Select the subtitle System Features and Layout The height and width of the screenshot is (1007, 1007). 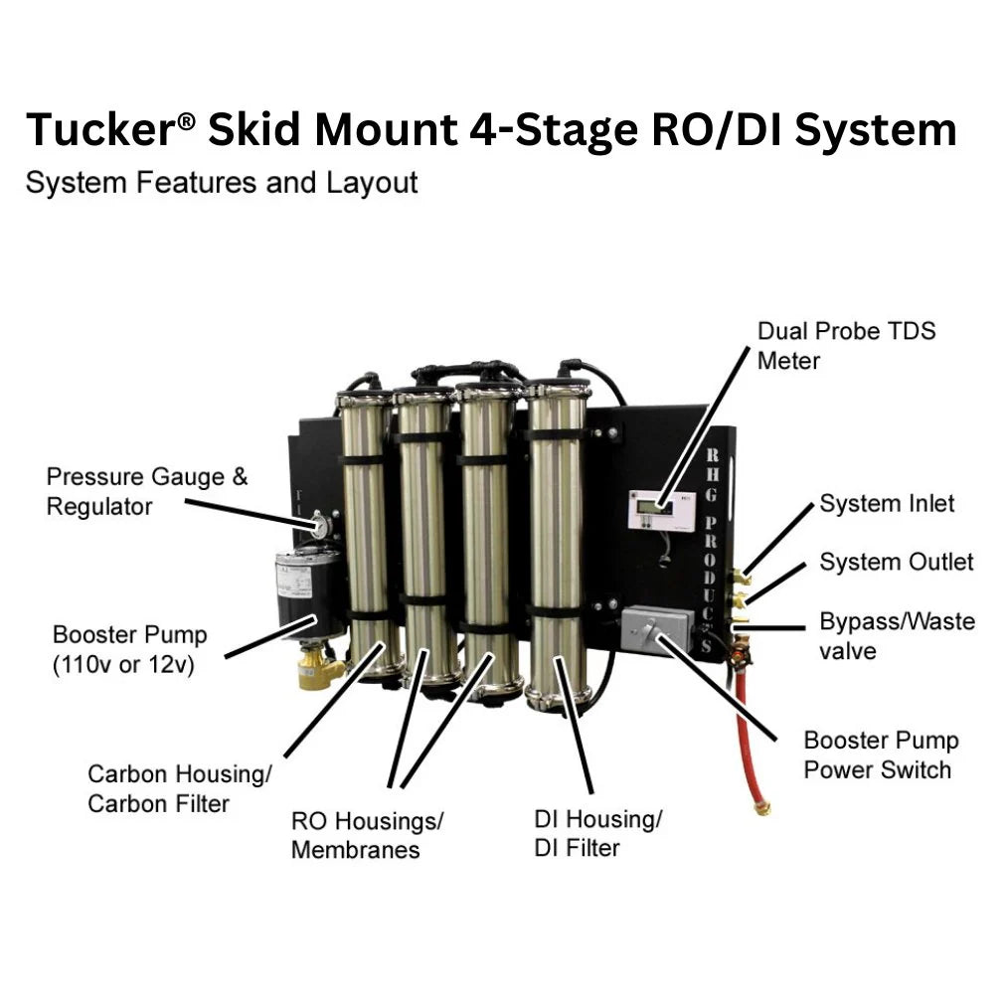point(222,183)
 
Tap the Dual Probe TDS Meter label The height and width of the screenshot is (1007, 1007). point(846,345)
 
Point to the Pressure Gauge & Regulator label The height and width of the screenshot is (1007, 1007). point(147,491)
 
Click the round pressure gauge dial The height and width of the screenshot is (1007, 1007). point(321,524)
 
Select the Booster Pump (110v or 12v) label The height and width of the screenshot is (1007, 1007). point(129,649)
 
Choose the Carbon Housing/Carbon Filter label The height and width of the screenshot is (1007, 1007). point(179,788)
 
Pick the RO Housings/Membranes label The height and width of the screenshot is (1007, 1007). point(367,835)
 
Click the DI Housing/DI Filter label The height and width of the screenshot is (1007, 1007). point(597,833)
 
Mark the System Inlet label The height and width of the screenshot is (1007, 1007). point(887,503)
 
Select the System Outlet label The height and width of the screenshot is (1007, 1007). point(896,562)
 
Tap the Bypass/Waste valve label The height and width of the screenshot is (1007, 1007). point(897,635)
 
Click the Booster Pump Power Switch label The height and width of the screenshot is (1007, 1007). point(881,755)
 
